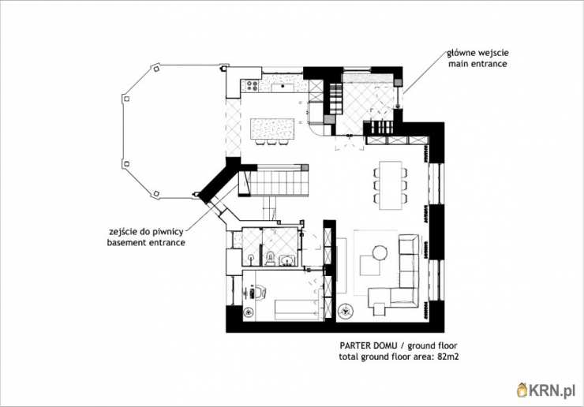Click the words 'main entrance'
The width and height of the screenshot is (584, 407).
pyautogui.click(x=477, y=64)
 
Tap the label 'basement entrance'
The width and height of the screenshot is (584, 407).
pyautogui.click(x=146, y=242)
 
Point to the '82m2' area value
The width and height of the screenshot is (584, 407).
pyautogui.click(x=448, y=357)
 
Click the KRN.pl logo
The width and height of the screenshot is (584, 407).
pyautogui.click(x=546, y=390)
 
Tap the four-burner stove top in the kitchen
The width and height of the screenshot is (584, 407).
pyautogui.click(x=253, y=86)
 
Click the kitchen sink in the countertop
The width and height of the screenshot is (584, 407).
pyautogui.click(x=283, y=88)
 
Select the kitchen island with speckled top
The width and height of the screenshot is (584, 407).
pyautogui.click(x=272, y=129)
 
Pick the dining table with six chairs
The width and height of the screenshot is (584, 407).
pyautogui.click(x=391, y=185)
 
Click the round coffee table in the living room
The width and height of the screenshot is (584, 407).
pyautogui.click(x=380, y=253)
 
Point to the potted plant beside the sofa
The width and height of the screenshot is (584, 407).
pyautogui.click(x=346, y=311)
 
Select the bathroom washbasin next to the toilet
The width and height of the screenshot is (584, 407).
pyautogui.click(x=286, y=260)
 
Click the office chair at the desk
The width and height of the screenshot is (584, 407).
pyautogui.click(x=256, y=292)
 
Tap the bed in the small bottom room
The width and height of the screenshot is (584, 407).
pyautogui.click(x=298, y=310)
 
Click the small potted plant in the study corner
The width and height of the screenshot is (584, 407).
pyautogui.click(x=248, y=312)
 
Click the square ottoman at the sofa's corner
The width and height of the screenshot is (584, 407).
pyautogui.click(x=379, y=309)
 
